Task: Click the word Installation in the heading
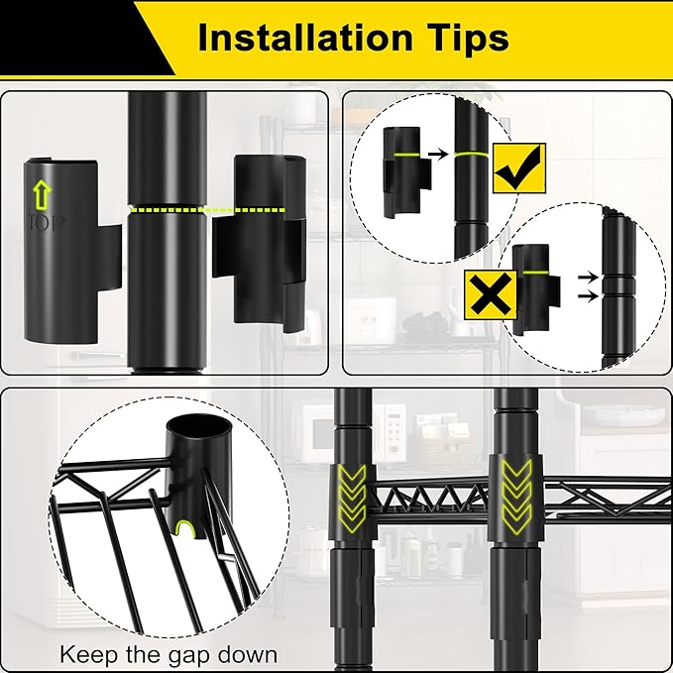[305, 38]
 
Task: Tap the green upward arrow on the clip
[42, 195]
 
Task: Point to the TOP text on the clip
[46, 223]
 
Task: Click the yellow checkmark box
[519, 168]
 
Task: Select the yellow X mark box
[491, 294]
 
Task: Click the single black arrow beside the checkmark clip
[438, 154]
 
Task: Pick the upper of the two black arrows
[588, 278]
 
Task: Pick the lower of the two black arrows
[588, 296]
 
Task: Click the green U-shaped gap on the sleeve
[185, 528]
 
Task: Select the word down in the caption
[248, 654]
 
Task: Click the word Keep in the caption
[88, 655]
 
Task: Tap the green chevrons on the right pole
[516, 497]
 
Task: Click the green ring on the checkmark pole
[471, 155]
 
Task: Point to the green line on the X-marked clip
[535, 273]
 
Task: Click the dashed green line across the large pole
[207, 210]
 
